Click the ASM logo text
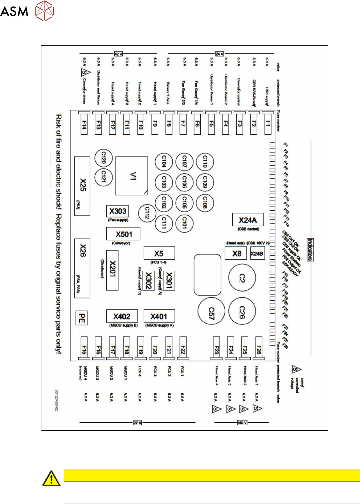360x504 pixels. point(14,11)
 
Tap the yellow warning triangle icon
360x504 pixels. point(51,478)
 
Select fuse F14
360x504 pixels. point(84,125)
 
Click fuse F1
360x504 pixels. point(268,124)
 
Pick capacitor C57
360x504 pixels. point(211,312)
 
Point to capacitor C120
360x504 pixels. point(103,158)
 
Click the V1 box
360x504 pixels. point(132,176)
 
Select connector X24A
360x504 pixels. point(248,220)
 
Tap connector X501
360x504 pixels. point(123,234)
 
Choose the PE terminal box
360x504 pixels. point(82,318)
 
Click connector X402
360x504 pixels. point(122,316)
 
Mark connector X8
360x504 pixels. point(236,253)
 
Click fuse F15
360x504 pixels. point(84,349)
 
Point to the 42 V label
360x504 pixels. point(118,54)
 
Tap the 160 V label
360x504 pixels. point(242,423)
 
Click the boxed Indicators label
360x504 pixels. point(310,249)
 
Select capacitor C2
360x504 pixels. point(242,278)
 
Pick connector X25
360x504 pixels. point(82,186)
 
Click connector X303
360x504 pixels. point(118,211)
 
